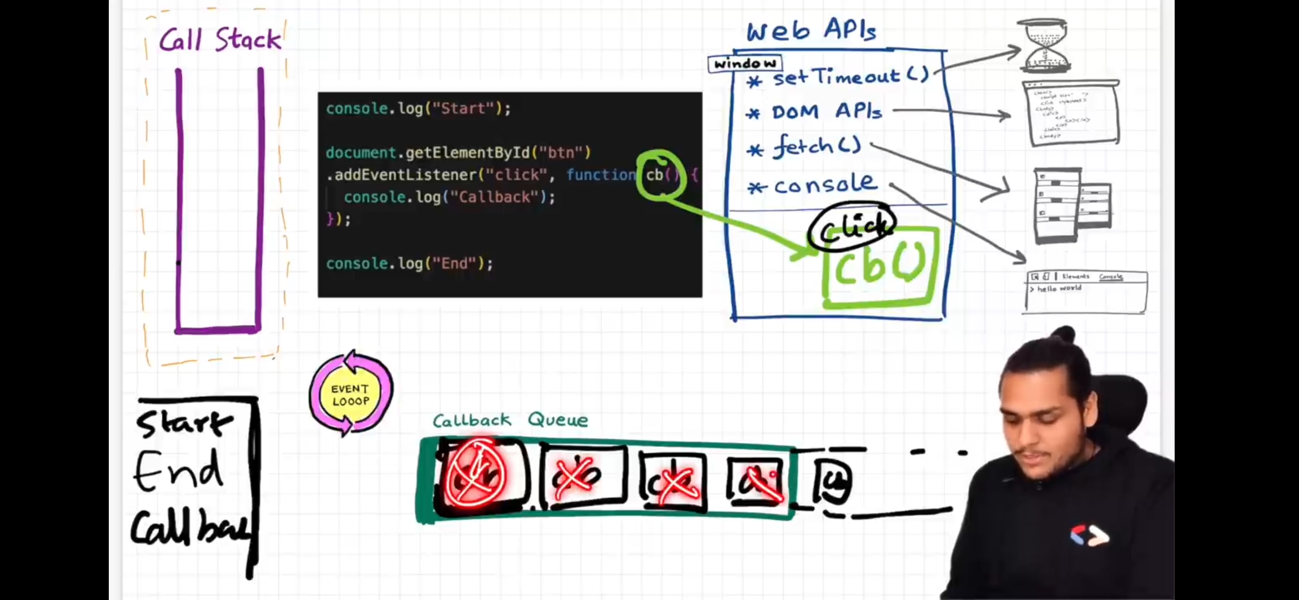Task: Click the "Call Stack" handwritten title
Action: coord(220,40)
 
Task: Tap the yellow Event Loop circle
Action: coord(351,394)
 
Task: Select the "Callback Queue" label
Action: coord(510,420)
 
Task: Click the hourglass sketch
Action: coord(1044,46)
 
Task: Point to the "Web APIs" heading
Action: coord(811,30)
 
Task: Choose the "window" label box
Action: coord(745,64)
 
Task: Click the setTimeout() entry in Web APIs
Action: coord(850,76)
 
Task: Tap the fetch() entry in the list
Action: coord(816,147)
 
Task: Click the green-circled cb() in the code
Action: coord(661,175)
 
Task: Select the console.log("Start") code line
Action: coord(418,108)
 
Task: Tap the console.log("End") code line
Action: coord(409,263)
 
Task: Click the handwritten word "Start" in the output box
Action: coord(185,423)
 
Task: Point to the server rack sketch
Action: coord(1071,206)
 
